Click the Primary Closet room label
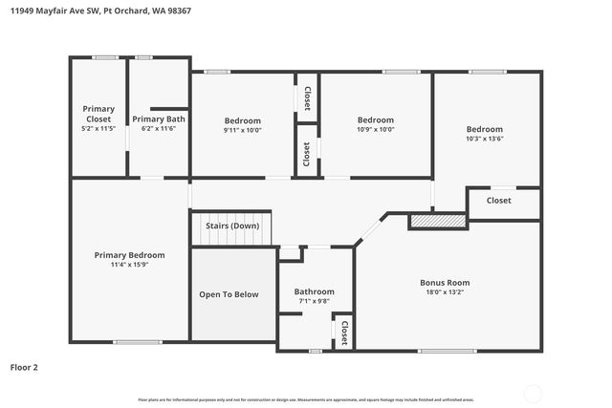tap(98, 114)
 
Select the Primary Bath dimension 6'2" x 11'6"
tap(158, 128)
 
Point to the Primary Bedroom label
tap(129, 255)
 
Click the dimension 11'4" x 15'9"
tap(129, 265)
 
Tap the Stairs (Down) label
tap(232, 225)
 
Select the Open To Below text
tap(229, 294)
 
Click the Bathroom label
tap(314, 291)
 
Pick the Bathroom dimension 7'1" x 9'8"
tap(314, 301)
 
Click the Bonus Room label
tap(445, 282)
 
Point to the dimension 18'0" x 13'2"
tap(445, 292)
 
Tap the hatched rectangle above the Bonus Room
tap(437, 222)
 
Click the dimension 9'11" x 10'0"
tap(242, 130)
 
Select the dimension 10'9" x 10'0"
tap(375, 129)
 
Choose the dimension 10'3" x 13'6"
tap(484, 139)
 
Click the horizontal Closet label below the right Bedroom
tap(498, 201)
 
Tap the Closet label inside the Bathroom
tap(343, 332)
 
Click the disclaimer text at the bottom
tap(306, 399)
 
